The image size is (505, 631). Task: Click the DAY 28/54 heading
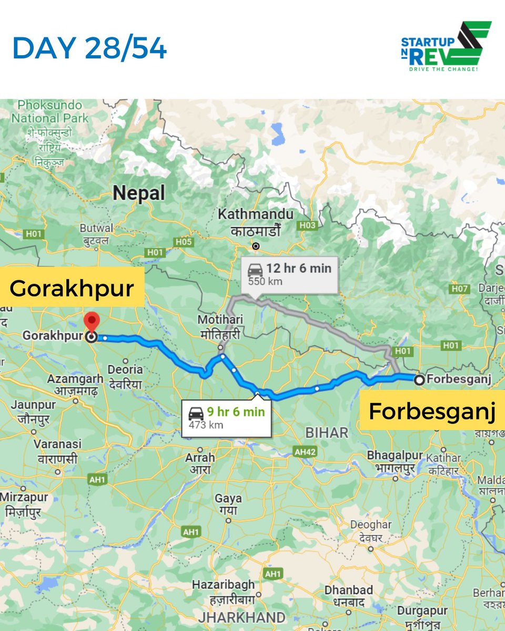coord(89,48)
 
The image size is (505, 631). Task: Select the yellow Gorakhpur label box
coord(72,287)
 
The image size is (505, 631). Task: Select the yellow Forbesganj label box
coord(432,411)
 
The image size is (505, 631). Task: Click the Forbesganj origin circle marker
coord(419,380)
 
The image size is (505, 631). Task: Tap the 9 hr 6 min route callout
coord(226,418)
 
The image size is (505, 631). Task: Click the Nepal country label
coord(139,193)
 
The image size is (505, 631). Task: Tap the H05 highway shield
coord(184,241)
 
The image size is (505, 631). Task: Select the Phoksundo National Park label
coord(50,111)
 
